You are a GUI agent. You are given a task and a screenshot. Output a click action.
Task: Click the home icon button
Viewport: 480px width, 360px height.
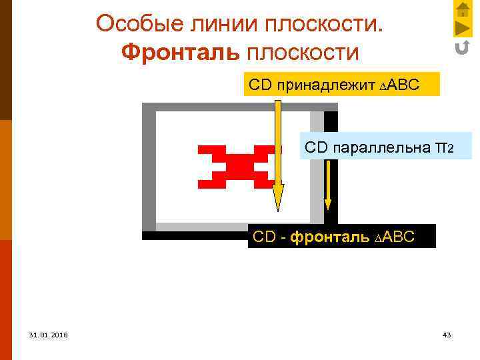tap(463, 9)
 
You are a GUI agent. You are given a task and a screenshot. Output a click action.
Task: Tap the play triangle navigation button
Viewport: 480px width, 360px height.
tap(463, 28)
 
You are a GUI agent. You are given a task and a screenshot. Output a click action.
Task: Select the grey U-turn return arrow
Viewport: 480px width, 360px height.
tap(462, 47)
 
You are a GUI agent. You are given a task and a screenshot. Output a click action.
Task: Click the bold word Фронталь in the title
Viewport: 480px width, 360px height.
tap(181, 52)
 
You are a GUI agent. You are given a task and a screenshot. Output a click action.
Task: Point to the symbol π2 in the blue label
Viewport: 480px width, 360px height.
tap(443, 147)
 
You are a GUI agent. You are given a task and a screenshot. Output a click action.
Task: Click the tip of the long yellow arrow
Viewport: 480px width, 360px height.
tap(278, 209)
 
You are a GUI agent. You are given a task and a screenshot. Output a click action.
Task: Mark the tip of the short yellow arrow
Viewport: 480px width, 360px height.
tap(328, 208)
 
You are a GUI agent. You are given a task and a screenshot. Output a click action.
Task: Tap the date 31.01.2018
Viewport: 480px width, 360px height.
tap(47, 334)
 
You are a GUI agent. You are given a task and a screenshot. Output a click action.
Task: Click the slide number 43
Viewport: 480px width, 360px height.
tap(447, 334)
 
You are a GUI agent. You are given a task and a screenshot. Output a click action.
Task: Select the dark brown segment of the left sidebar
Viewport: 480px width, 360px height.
tap(5, 60)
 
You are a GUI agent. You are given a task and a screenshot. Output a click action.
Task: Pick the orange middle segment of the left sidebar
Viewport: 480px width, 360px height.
tap(5, 179)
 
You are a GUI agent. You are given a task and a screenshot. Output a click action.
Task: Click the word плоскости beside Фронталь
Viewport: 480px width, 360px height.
tap(303, 52)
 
